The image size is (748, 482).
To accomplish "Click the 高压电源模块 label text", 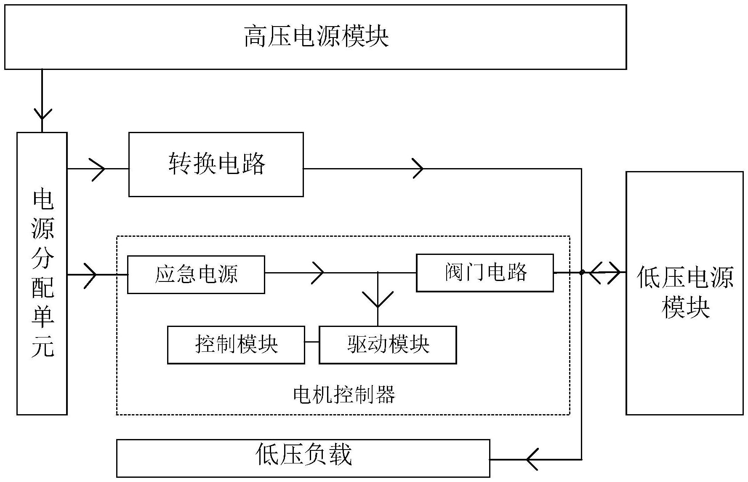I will (316, 36).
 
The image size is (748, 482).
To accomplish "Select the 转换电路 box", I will (216, 164).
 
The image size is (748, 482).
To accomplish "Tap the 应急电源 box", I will (196, 274).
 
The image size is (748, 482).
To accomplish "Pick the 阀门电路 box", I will (484, 273).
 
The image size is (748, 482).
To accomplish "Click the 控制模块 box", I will (236, 345).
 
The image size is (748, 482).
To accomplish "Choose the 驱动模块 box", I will (388, 345).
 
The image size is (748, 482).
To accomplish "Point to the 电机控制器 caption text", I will (344, 395).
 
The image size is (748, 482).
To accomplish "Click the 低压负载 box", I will (303, 458).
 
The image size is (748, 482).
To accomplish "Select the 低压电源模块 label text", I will (685, 292).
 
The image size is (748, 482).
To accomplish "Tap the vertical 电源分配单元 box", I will (42, 274).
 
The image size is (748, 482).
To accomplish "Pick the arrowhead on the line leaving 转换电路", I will (418, 169).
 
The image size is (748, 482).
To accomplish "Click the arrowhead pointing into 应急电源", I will (91, 275).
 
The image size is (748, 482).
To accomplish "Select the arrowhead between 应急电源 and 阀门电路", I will (318, 273).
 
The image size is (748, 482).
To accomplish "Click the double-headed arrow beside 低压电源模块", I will (605, 273).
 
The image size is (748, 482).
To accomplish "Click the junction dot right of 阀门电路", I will (582, 273).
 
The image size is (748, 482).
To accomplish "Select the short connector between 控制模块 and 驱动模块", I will (312, 342).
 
